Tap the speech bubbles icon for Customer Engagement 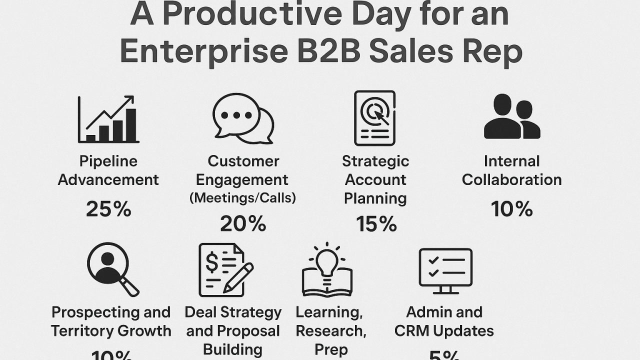pos(243,118)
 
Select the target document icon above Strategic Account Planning pos(374,118)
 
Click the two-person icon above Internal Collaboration pos(512,117)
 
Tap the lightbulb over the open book pos(327,260)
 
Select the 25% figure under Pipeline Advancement pos(108,209)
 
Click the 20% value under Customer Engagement pos(243,224)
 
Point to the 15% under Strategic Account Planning pos(376,224)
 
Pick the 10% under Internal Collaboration pos(511,209)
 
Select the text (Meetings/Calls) pos(243,198)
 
